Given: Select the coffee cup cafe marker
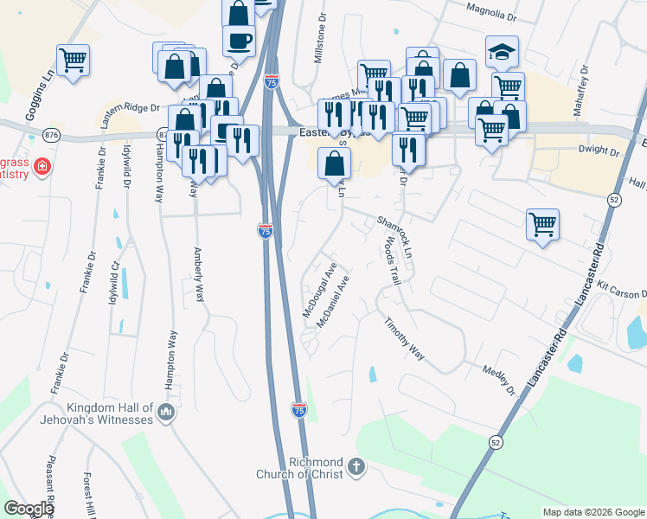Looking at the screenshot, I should [x=239, y=41].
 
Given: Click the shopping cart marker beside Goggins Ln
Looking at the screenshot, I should [x=74, y=61].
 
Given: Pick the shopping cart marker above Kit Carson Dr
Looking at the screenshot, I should [x=542, y=225].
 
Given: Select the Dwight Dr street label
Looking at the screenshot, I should [x=600, y=151].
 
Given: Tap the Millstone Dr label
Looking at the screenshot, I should [x=320, y=35].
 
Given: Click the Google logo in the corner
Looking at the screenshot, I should [x=29, y=509].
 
